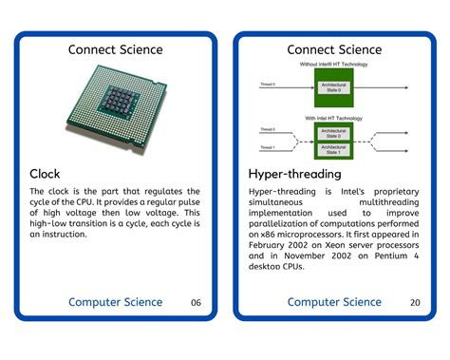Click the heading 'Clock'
coord(46,174)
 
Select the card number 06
coord(196,303)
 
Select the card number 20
coord(415,303)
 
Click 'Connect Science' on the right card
coord(334,49)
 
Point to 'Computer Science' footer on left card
coord(115,302)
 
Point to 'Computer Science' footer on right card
coord(334,302)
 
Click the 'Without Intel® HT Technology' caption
coord(333,64)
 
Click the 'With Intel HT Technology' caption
coord(333,117)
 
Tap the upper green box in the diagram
coord(333,86)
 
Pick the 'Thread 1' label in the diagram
coord(269,147)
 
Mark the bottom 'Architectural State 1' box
coord(333,148)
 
